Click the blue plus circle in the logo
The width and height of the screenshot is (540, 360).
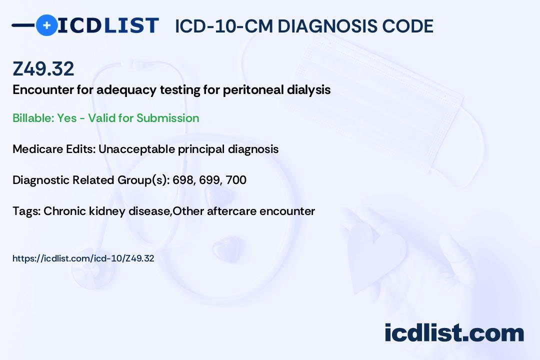46,25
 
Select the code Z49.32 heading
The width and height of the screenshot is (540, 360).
43,68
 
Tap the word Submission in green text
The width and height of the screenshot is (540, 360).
167,118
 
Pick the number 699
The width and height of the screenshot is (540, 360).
209,180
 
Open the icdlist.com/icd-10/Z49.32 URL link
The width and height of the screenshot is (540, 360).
83,258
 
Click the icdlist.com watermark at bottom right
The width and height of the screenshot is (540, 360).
454,333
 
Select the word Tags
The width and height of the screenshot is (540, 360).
26,211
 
